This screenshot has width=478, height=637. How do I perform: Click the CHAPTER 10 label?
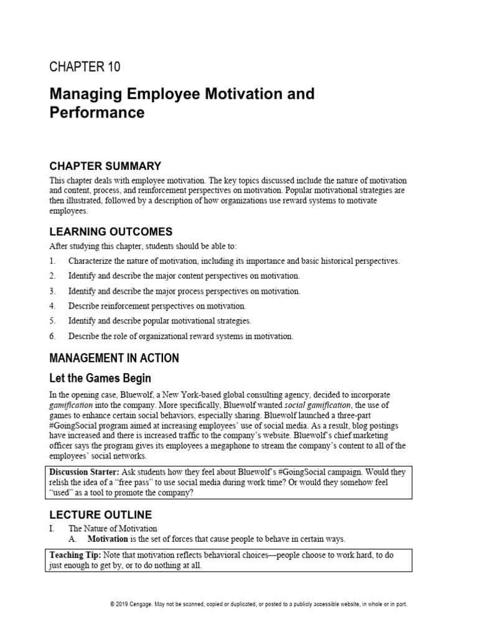point(85,67)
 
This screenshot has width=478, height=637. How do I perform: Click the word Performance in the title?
point(96,113)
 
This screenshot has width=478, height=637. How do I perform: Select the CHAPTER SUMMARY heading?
point(105,165)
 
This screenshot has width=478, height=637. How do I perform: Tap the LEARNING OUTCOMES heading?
point(111,231)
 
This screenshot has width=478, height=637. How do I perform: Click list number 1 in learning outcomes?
point(53,261)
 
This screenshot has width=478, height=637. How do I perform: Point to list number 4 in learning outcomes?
point(53,306)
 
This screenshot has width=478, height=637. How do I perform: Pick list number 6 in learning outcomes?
point(53,336)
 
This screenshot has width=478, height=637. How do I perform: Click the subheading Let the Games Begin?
point(100,378)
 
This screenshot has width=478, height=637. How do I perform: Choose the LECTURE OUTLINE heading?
point(100,514)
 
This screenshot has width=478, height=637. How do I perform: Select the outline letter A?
point(73,539)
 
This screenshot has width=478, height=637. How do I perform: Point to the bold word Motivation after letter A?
point(108,539)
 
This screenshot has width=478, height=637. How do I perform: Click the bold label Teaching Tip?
point(75,554)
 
